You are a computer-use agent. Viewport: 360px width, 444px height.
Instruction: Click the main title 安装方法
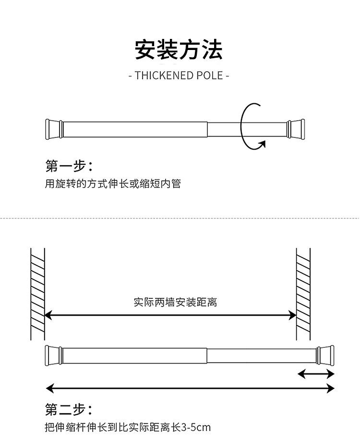click(x=179, y=49)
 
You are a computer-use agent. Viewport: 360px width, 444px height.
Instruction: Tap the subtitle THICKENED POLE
click(x=179, y=75)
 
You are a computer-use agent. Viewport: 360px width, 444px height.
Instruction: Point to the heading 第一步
click(x=69, y=166)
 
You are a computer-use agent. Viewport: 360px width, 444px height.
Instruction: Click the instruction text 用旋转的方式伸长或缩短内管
click(x=113, y=184)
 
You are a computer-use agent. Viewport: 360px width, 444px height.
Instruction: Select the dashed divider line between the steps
click(x=180, y=218)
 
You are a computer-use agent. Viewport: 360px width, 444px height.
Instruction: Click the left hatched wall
click(x=37, y=294)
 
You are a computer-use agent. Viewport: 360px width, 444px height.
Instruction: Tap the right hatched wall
click(x=303, y=294)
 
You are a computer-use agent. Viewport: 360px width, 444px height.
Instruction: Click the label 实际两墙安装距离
click(x=175, y=302)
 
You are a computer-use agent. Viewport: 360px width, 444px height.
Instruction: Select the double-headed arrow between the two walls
click(x=170, y=315)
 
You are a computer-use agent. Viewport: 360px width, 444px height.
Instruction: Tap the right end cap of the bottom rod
click(x=325, y=356)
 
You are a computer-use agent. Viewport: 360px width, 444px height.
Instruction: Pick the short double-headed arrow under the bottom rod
click(x=316, y=374)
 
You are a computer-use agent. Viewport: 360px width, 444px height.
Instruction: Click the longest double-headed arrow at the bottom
click(x=190, y=388)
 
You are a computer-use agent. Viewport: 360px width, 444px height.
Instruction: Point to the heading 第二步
click(x=69, y=409)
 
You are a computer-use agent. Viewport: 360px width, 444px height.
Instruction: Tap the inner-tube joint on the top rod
click(x=207, y=129)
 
